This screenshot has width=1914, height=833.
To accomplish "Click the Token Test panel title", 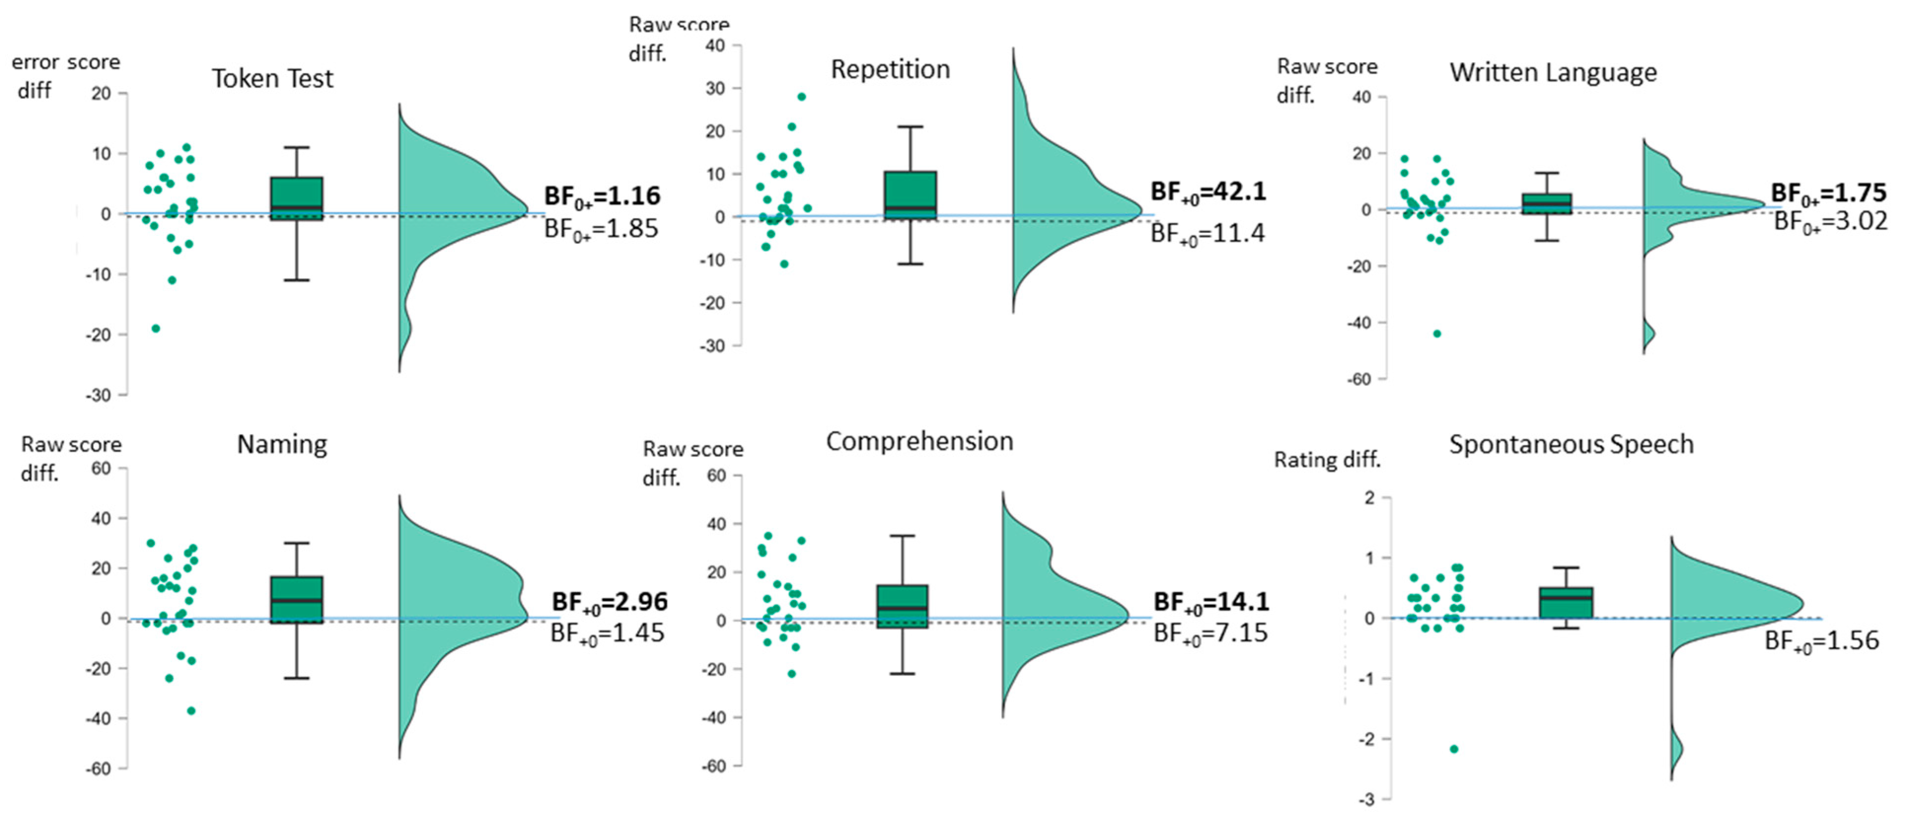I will [x=273, y=79].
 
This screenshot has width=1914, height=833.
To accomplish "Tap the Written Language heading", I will [x=1553, y=73].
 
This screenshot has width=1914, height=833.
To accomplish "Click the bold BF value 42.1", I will [x=1208, y=192].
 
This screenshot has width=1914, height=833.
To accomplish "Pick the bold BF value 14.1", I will [x=1211, y=601].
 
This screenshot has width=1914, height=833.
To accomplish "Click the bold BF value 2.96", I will [x=609, y=601].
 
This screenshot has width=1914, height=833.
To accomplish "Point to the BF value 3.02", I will [x=1830, y=221].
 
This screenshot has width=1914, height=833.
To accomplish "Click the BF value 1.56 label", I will [x=1822, y=641].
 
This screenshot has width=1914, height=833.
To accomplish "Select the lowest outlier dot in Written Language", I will [x=1437, y=334].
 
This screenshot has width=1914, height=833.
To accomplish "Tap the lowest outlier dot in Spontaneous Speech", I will [x=1454, y=749].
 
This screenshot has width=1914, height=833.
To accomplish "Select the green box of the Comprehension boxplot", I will [x=903, y=606].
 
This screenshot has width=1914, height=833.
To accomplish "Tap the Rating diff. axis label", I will [x=1327, y=460].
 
